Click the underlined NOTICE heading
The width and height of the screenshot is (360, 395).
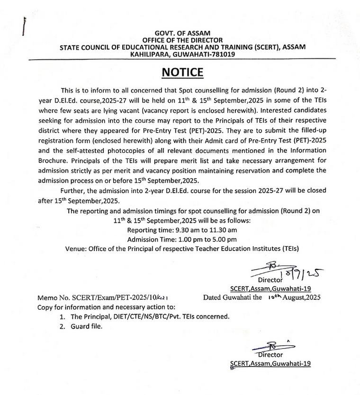pyautogui.click(x=182, y=72)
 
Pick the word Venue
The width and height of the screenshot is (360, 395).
pyautogui.click(x=77, y=248)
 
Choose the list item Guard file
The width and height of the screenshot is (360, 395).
pyautogui.click(x=88, y=326)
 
